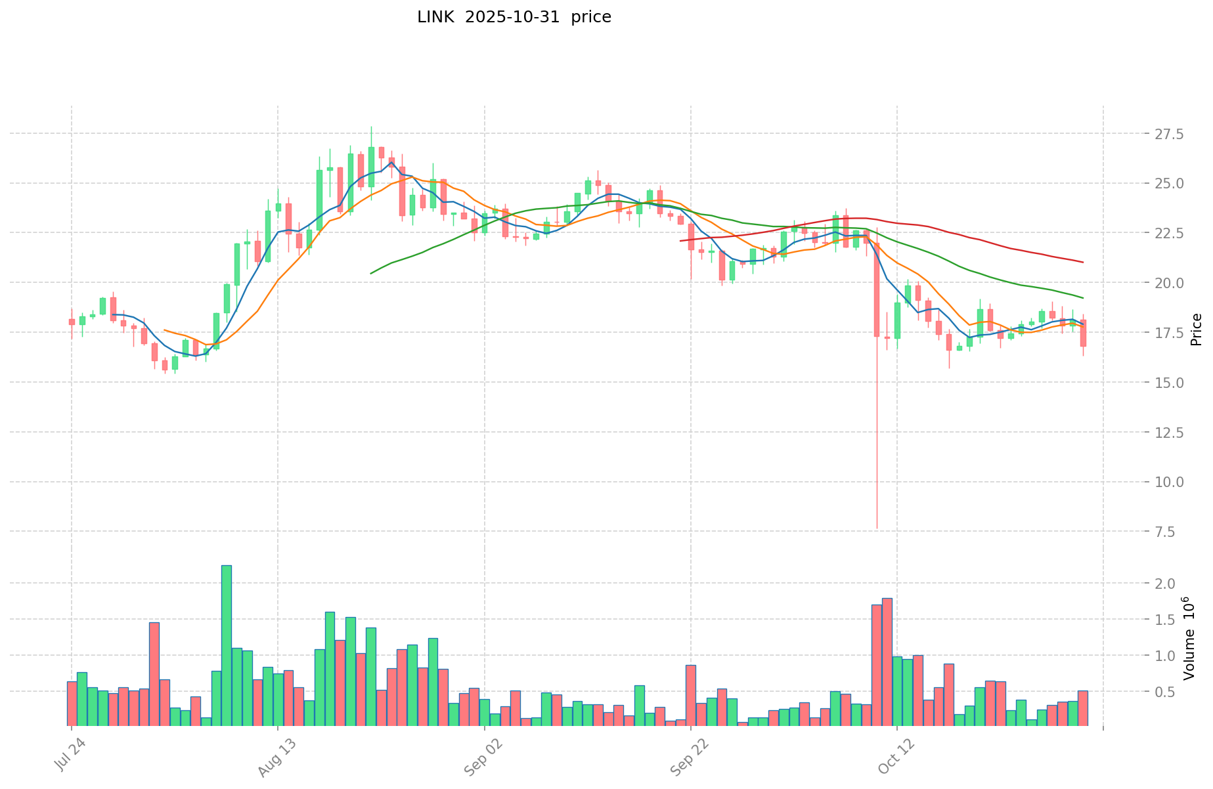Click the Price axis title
[x=1197, y=330]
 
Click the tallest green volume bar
[x=227, y=645]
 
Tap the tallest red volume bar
[x=887, y=662]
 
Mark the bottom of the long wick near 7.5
[x=877, y=528]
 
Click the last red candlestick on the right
[x=1083, y=333]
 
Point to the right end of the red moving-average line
[x=1083, y=263]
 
